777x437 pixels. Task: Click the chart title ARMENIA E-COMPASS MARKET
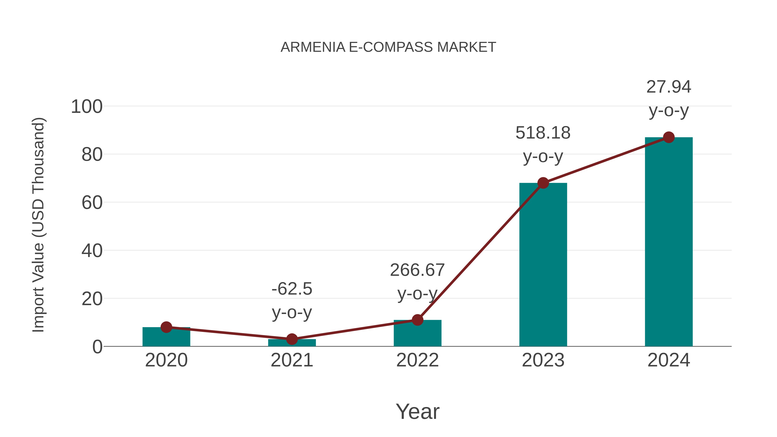tap(388, 47)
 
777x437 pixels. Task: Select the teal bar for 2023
tap(543, 265)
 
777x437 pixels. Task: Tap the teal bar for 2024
tap(669, 241)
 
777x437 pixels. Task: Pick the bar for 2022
tap(417, 335)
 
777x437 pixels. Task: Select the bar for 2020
tap(166, 338)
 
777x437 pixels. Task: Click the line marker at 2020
tap(166, 327)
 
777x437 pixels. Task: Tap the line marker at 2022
tap(417, 320)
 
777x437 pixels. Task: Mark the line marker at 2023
tap(543, 183)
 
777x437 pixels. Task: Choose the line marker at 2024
tap(669, 137)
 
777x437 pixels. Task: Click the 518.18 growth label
tap(543, 133)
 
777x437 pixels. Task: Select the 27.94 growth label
tap(669, 87)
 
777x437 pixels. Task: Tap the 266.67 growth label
tap(417, 270)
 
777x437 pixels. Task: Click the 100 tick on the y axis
tap(87, 107)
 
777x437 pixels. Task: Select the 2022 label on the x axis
tap(417, 360)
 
